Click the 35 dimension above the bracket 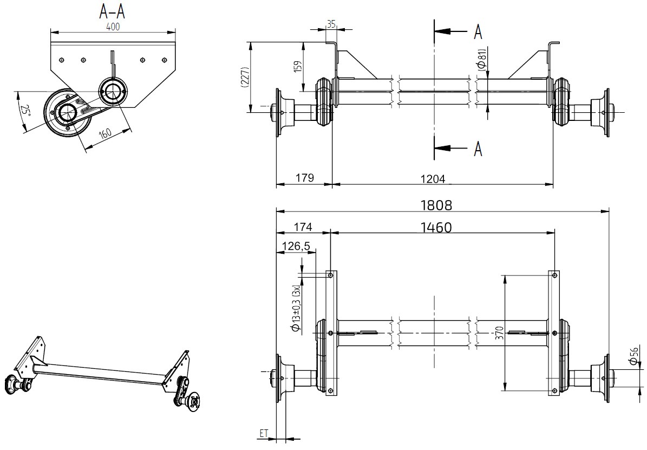(331, 24)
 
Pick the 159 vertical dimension (297, 67)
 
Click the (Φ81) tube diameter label (481, 60)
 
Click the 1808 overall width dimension (436, 205)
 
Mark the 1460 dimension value (436, 227)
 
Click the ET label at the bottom (264, 433)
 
